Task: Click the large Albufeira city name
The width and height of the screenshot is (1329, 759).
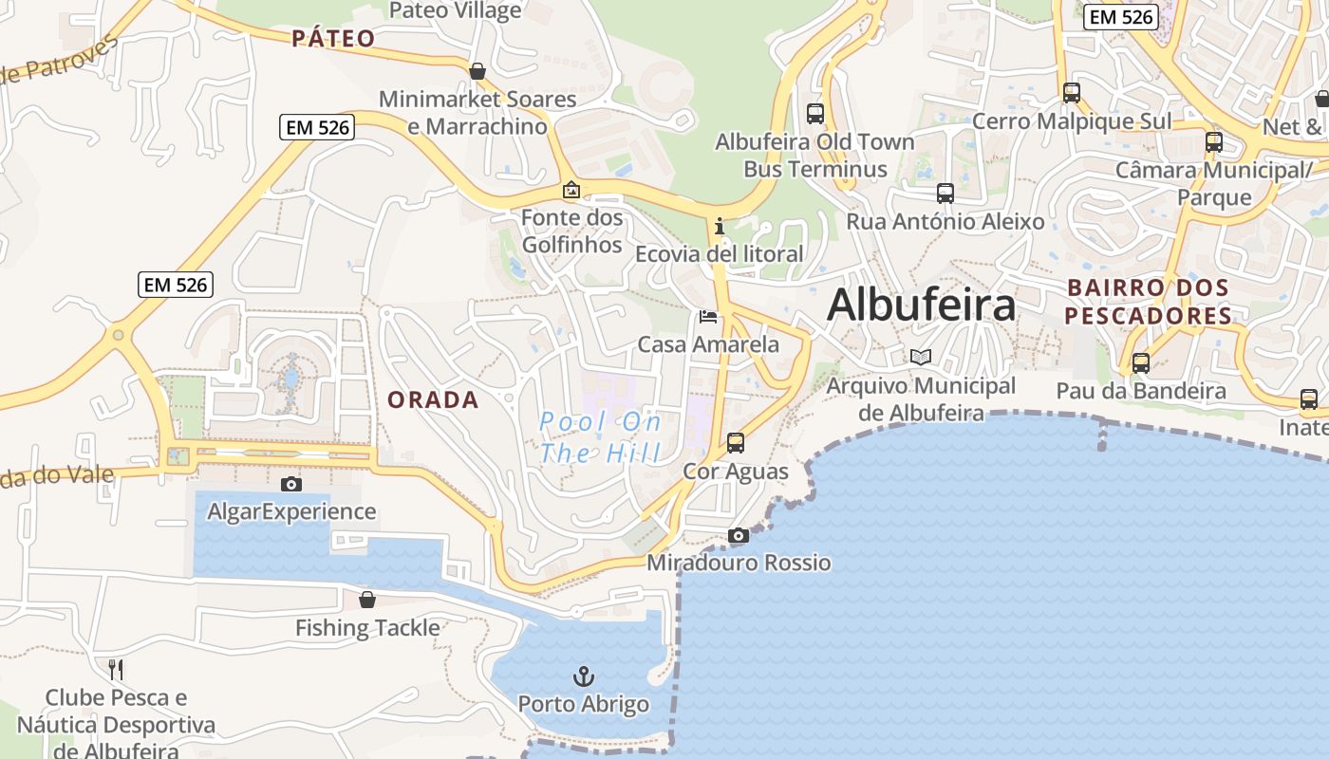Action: (x=921, y=305)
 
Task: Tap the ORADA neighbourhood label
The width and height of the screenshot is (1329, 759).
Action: (x=433, y=400)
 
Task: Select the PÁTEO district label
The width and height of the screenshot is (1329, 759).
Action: (x=333, y=39)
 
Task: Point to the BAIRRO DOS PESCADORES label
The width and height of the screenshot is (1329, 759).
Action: (x=1149, y=302)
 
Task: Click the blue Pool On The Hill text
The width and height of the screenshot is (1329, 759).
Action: (x=600, y=437)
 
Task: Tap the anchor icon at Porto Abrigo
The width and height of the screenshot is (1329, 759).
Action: (x=584, y=676)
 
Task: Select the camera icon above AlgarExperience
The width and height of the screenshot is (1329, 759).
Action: (x=291, y=484)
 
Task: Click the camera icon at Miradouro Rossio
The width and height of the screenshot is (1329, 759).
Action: (x=739, y=536)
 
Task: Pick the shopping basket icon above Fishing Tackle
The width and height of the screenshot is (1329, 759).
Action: (x=367, y=600)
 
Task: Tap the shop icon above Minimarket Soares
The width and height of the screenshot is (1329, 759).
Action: (x=477, y=71)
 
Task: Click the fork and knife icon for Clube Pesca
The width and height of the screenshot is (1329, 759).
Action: (x=116, y=670)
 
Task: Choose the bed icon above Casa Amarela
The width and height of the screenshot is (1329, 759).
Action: (x=708, y=316)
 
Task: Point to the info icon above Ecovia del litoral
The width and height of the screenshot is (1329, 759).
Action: (x=720, y=226)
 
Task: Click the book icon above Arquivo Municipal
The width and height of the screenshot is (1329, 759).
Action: (x=921, y=358)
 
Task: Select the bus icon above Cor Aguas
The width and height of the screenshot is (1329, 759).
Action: (x=736, y=442)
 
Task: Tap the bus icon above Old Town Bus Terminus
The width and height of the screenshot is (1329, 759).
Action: (x=814, y=114)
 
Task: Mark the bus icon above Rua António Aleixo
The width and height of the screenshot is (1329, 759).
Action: (x=945, y=194)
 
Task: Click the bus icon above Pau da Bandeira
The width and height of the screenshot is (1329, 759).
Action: (x=1141, y=362)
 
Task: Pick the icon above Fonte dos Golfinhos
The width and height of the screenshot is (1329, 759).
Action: (x=571, y=190)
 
